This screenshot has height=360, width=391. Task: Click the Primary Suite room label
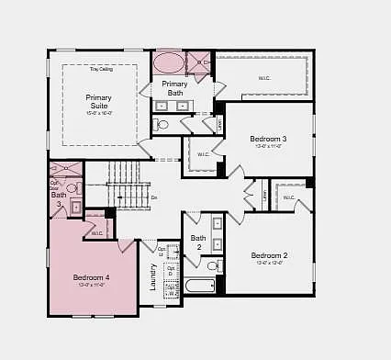pyautogui.click(x=98, y=101)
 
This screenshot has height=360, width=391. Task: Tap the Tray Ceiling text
pyautogui.click(x=101, y=69)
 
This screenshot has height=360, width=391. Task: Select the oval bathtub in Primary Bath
pyautogui.click(x=169, y=63)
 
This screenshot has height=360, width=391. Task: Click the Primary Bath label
pyautogui.click(x=175, y=88)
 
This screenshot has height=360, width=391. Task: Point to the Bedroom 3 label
pyautogui.click(x=268, y=140)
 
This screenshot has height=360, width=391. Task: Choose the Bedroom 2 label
pyautogui.click(x=270, y=255)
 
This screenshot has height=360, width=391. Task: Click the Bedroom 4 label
pyautogui.click(x=92, y=277)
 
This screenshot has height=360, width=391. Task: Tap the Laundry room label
pyautogui.click(x=153, y=276)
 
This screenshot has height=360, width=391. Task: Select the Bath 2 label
pyautogui.click(x=198, y=242)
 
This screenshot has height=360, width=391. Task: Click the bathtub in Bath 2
pyautogui.click(x=199, y=286)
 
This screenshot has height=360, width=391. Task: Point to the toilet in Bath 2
pyautogui.click(x=213, y=266)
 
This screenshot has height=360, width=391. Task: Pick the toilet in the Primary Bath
pyautogui.click(x=162, y=124)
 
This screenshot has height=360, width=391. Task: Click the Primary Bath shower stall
pyautogui.click(x=199, y=62)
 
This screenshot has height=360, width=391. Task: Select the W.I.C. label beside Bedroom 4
pyautogui.click(x=97, y=233)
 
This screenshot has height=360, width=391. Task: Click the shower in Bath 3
pyautogui.click(x=63, y=170)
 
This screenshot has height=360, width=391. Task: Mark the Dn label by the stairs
pyautogui.click(x=153, y=197)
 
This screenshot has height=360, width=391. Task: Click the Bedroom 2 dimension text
pyautogui.click(x=270, y=264)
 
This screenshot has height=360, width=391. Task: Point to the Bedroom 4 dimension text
pyautogui.click(x=92, y=286)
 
